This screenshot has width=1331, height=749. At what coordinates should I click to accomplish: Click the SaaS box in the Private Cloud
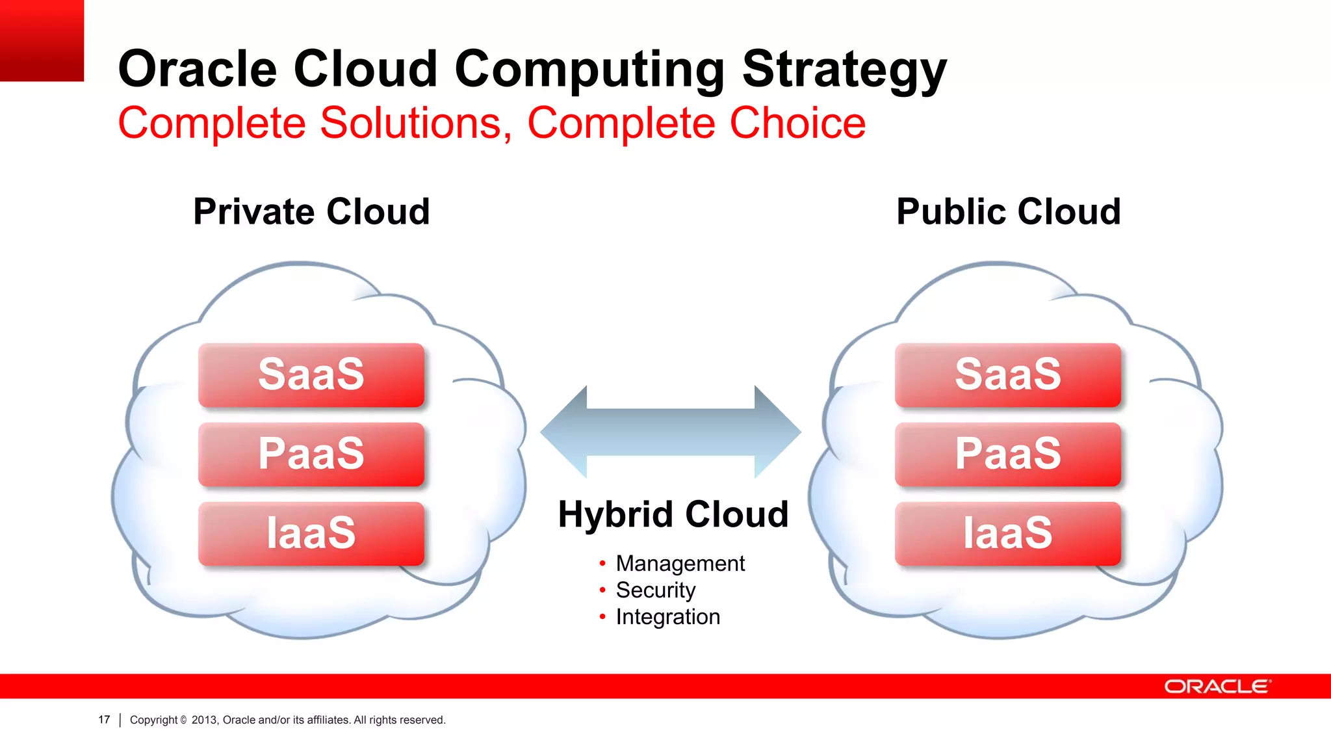(311, 375)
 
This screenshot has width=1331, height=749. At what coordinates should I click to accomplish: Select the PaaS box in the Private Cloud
(311, 454)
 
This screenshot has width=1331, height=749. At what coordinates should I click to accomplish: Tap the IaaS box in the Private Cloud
(311, 534)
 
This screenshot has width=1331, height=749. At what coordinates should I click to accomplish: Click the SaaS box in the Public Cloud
(1007, 375)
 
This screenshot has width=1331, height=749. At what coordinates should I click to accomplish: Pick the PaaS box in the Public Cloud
(1007, 454)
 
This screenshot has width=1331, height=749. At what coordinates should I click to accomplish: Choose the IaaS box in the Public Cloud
(1007, 534)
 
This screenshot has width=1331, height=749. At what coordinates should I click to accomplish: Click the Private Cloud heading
(311, 212)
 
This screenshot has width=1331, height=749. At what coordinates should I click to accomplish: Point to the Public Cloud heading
(1008, 212)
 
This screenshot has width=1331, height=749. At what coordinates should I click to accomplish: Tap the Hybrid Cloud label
(673, 514)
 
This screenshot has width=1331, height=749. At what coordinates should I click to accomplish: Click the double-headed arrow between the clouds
(670, 432)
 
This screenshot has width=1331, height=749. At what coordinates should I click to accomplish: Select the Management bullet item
(680, 563)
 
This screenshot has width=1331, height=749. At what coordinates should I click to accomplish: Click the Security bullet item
(655, 590)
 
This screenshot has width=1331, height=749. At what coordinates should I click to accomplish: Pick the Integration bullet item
(667, 616)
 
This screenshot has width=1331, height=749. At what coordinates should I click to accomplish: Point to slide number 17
(104, 720)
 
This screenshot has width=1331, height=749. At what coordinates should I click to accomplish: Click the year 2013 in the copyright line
(204, 720)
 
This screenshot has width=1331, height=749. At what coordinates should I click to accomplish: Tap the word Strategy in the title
(844, 70)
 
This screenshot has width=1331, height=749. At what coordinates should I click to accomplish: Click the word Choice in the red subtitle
(797, 123)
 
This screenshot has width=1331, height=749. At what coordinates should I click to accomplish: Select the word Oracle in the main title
(198, 70)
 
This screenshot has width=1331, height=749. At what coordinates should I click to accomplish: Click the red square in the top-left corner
(42, 40)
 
